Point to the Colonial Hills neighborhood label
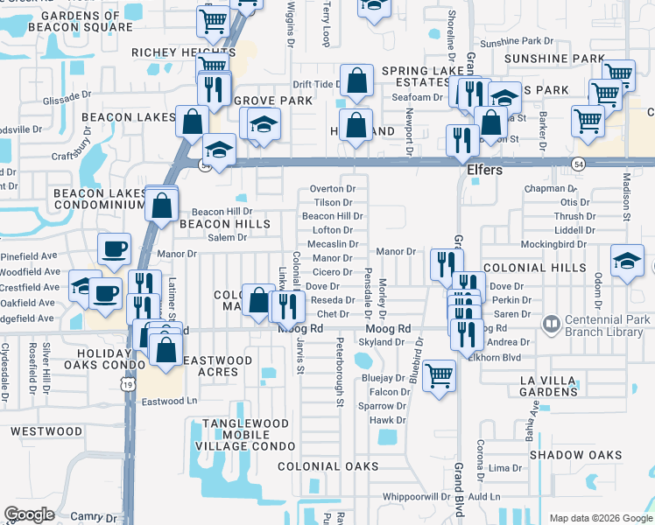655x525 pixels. [x=532, y=267]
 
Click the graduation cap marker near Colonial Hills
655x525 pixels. [x=627, y=262]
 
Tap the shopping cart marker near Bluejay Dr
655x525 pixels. [x=439, y=375]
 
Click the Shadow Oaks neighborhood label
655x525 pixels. [x=575, y=455]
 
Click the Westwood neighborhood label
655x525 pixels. [x=46, y=431]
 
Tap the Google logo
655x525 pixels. [x=29, y=514]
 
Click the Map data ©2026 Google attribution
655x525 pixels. [x=600, y=518]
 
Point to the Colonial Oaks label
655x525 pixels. [x=328, y=466]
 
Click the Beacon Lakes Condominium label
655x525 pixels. [x=98, y=198]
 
